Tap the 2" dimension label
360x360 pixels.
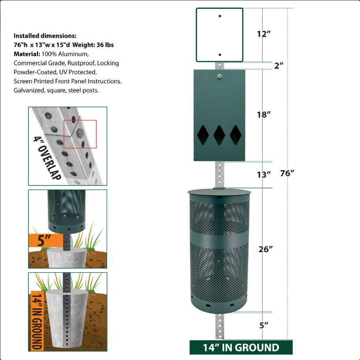point(278,66)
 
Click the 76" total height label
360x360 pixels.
point(287,173)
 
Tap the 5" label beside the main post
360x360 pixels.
point(264,326)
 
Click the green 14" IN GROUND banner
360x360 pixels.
point(241,347)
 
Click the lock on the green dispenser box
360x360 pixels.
point(219,76)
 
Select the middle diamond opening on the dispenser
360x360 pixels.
point(219,135)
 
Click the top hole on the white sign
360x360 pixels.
point(219,16)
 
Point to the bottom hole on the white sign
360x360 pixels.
point(219,55)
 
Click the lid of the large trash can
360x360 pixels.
point(219,192)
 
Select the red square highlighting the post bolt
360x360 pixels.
point(80,134)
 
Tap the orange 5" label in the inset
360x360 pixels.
point(45,241)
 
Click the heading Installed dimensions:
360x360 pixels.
point(45,36)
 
